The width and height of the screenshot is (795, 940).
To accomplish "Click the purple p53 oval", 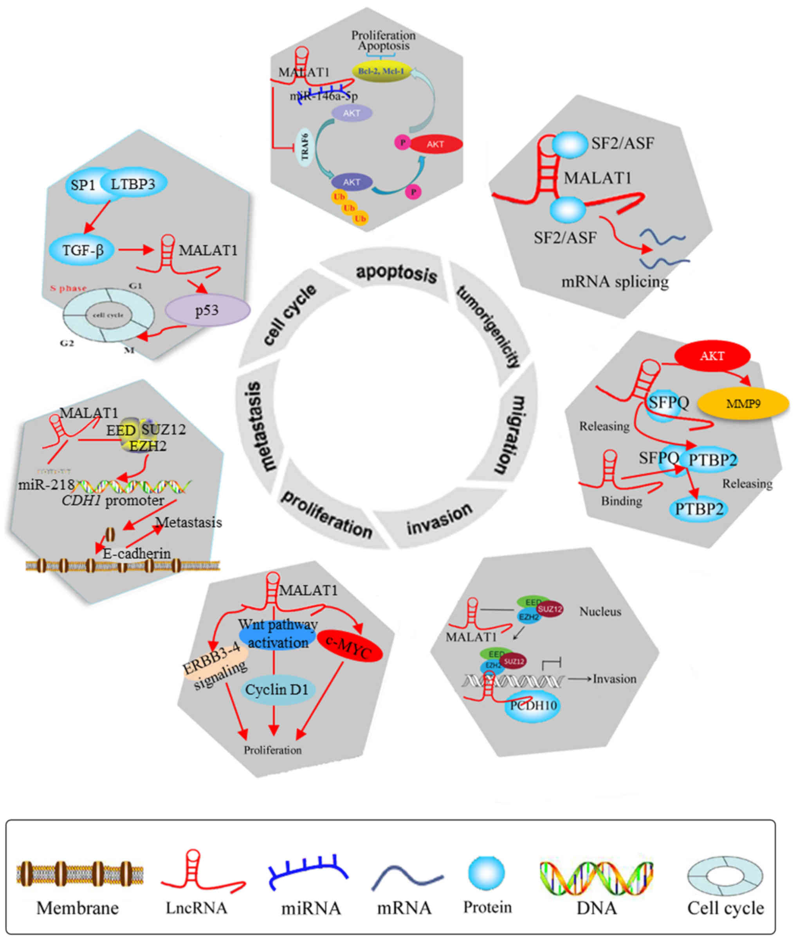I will coord(207,310).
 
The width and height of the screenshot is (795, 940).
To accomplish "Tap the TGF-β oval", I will coord(82,250).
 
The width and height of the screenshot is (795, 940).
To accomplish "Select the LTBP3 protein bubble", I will coord(133,184).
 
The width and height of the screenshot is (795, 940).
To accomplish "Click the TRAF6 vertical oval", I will coord(305,147).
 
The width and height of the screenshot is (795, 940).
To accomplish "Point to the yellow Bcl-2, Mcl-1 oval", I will coord(381,71).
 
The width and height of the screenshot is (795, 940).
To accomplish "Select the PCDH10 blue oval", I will coord(534,705).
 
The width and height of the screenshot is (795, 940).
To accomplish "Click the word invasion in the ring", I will coord(440,520).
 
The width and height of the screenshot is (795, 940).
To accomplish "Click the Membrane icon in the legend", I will coord(80,873).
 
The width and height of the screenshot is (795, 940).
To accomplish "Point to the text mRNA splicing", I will coord(615,282).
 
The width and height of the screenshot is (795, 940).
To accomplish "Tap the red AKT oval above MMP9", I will coord(712,356).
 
